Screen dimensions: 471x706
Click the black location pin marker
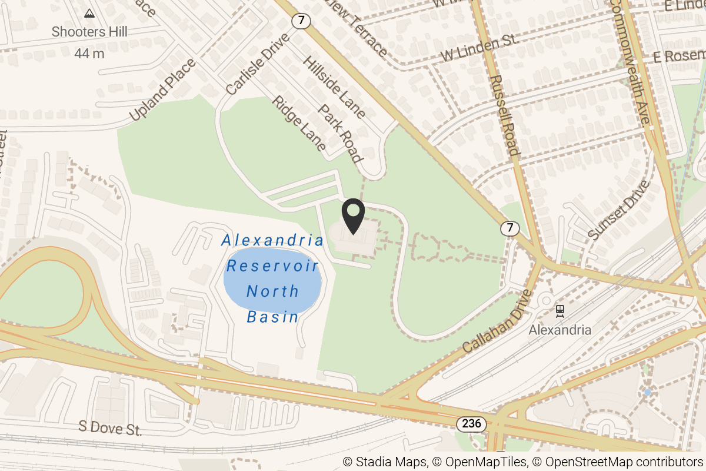353,217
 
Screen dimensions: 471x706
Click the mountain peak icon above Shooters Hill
89,13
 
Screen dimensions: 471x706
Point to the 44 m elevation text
89,54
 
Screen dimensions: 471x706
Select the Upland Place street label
162,90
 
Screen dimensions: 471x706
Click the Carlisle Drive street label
258,64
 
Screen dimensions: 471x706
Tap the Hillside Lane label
334,88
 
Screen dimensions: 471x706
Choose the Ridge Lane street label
299,124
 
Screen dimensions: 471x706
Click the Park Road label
339,134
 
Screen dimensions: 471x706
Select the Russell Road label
505,115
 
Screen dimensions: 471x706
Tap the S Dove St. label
111,429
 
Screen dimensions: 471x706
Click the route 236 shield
471,423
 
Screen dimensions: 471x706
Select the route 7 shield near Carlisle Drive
301,21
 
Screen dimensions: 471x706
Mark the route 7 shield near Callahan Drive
510,227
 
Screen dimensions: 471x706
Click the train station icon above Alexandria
560,310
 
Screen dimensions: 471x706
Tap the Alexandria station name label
560,330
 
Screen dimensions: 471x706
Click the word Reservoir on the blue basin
272,266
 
